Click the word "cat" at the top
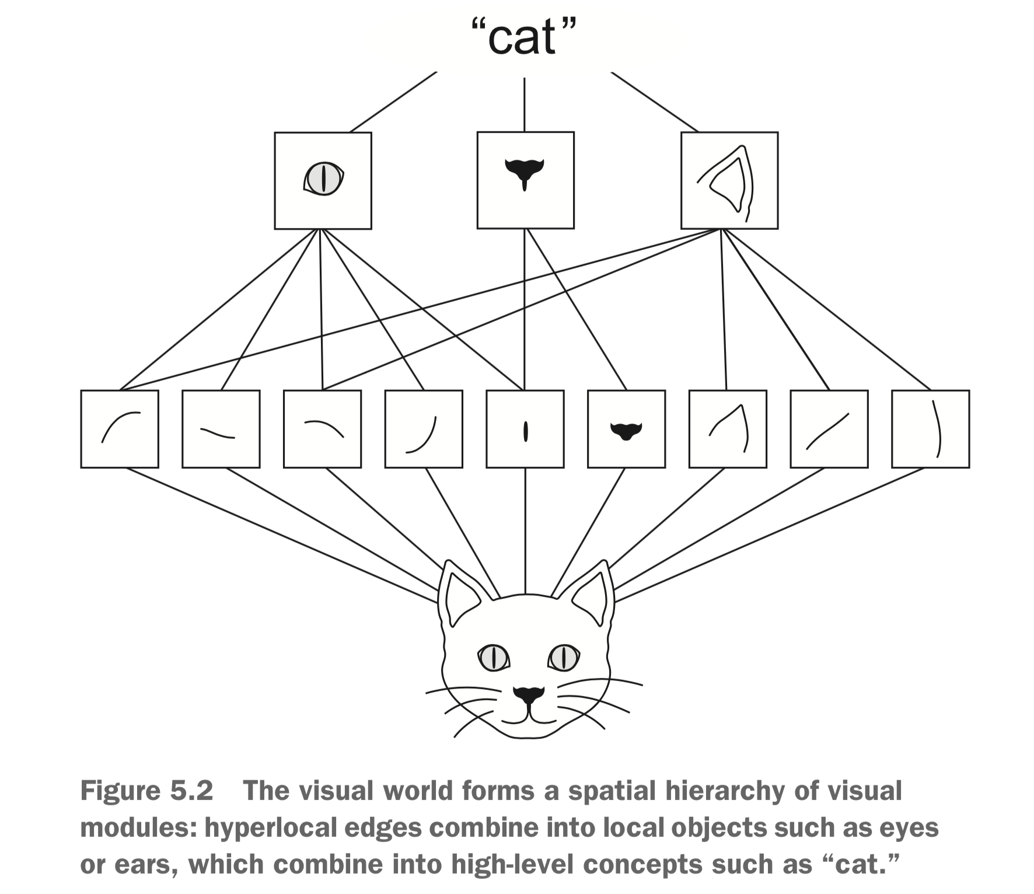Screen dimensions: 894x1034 coord(522,37)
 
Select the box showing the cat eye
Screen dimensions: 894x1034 coord(323,180)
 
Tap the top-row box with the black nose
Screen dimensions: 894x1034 coord(525,180)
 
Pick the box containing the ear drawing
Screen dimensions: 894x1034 coord(729,180)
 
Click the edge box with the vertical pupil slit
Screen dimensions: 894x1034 coord(525,429)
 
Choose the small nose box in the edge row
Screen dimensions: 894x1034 coord(626,429)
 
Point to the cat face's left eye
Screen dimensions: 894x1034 coord(494,657)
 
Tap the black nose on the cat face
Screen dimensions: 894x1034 coord(528,695)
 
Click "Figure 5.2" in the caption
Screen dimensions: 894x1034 coord(146,791)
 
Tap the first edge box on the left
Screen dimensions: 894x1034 coord(120,429)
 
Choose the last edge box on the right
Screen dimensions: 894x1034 coord(930,429)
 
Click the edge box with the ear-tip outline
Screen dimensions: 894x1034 coord(728,429)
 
